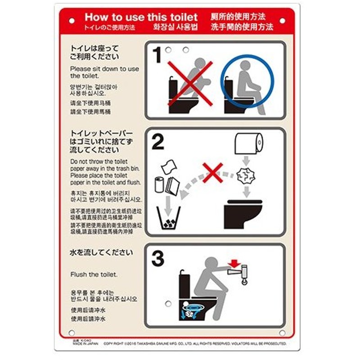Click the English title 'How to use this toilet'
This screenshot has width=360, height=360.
click(x=141, y=17)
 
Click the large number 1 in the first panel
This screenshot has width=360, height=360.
click(x=157, y=56)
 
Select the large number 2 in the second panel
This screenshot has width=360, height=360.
click(x=157, y=143)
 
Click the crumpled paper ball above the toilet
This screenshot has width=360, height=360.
click(x=246, y=176)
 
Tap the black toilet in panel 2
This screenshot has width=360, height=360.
click(x=243, y=215)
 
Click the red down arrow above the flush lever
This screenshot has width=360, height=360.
click(x=233, y=262)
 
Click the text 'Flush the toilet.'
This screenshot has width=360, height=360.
click(x=94, y=274)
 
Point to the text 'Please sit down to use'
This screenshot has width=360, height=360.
click(x=104, y=69)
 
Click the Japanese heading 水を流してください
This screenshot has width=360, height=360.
click(x=102, y=252)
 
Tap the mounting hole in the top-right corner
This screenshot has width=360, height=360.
click(x=282, y=21)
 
